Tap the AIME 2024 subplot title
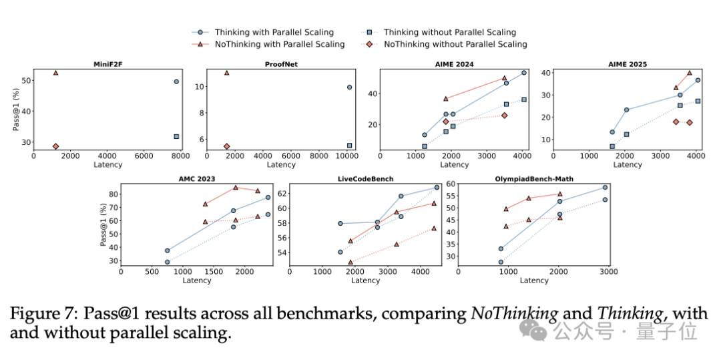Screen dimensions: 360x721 coord(453,65)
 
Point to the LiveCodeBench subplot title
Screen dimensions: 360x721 coord(365,180)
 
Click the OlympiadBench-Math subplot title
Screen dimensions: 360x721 coord(533,180)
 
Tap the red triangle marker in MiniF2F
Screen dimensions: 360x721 coord(55,73)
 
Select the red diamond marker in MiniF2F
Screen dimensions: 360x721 coord(55,146)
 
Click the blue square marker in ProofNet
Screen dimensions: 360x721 coord(349,145)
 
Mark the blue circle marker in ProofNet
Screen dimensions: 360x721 coord(349,87)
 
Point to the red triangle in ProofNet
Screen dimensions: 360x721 coord(226,73)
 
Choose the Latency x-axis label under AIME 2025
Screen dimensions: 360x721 coord(627,164)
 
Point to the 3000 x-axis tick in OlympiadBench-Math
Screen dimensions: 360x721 coord(607,271)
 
